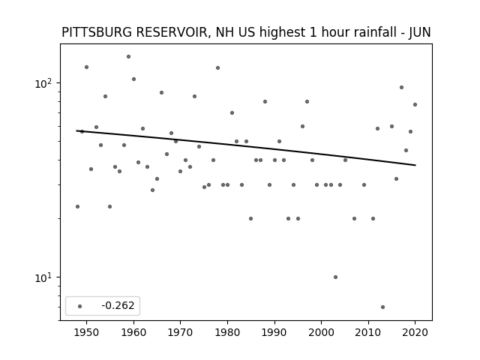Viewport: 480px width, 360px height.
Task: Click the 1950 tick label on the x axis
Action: tap(87, 332)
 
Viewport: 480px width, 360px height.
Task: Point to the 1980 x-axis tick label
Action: tap(227, 332)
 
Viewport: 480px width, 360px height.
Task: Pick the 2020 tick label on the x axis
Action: tap(415, 332)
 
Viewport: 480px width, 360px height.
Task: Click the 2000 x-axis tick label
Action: tap(322, 332)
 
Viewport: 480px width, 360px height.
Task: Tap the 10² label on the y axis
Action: tap(43, 83)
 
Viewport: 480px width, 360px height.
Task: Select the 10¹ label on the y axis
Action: tap(43, 277)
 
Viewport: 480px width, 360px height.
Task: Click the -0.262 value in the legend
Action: tap(118, 305)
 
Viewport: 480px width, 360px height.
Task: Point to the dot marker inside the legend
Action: tap(80, 306)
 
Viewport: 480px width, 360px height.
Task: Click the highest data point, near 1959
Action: tap(128, 57)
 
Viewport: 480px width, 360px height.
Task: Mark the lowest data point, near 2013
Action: tap(382, 307)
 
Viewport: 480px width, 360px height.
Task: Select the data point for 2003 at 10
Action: tap(335, 277)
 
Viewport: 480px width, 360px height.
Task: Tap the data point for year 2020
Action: tap(415, 105)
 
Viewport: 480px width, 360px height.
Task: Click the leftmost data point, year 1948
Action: tap(77, 207)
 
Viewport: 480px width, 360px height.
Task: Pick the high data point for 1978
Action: tap(218, 68)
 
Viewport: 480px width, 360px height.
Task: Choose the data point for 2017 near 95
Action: tap(402, 88)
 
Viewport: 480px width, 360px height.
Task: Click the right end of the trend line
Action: tap(415, 165)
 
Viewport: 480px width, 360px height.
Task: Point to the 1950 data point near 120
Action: tap(87, 67)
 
